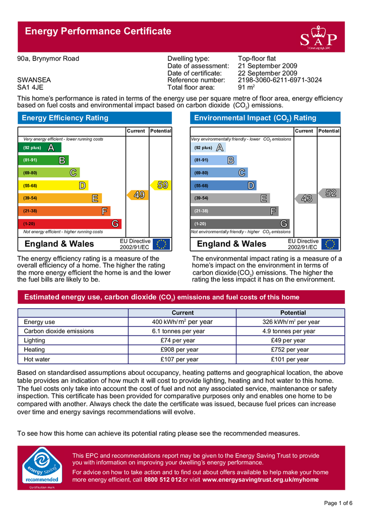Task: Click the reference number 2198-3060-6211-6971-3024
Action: (x=279, y=80)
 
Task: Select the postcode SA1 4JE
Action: (x=30, y=87)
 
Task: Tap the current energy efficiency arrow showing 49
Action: (x=138, y=195)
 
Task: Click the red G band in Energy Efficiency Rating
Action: (x=71, y=223)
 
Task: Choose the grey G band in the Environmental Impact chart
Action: (x=240, y=223)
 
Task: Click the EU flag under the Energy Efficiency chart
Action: (x=161, y=244)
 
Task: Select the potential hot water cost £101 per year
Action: (x=289, y=360)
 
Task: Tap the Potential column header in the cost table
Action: (x=289, y=313)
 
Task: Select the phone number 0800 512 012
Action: (x=163, y=480)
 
